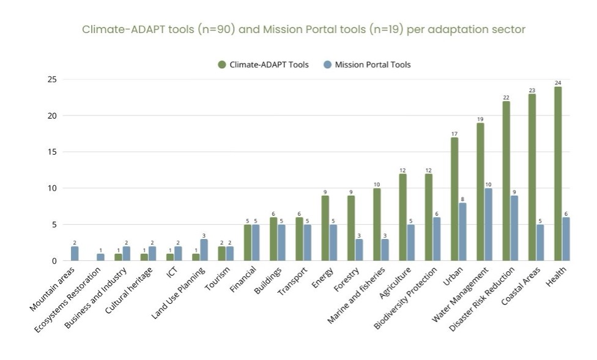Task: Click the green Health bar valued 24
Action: [x=558, y=174]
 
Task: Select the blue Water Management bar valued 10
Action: [x=488, y=224]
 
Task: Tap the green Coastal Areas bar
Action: [x=532, y=177]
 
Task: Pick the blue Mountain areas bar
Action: [x=75, y=254]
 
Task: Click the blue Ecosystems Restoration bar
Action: [x=100, y=257]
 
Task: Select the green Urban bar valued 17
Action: [x=454, y=199]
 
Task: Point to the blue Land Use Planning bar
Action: [x=204, y=250]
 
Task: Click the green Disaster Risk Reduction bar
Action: [x=506, y=181]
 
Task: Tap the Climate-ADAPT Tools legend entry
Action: [x=263, y=65]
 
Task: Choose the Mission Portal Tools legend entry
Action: [x=366, y=65]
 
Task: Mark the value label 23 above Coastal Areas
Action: [x=532, y=90]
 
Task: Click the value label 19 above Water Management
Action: [x=480, y=119]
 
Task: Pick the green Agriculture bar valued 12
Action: [x=402, y=218]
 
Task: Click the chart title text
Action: [x=304, y=29]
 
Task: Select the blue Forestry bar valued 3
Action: [x=358, y=250]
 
